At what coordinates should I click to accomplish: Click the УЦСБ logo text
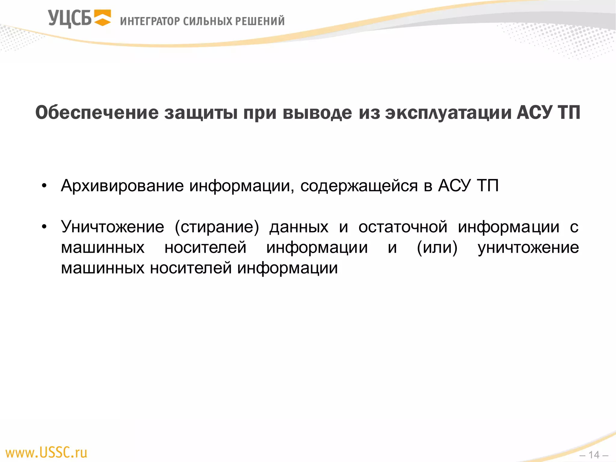tap(69, 19)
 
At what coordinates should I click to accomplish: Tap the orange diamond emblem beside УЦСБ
tap(103, 18)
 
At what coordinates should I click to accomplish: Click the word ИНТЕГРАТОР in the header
tap(150, 21)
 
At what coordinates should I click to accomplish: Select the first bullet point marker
tap(44, 186)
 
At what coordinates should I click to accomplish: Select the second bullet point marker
tap(44, 226)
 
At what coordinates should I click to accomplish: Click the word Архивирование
tap(122, 186)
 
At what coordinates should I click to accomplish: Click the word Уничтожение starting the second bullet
tap(112, 226)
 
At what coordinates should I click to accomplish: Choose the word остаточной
tap(403, 226)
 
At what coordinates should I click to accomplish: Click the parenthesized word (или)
tap(437, 248)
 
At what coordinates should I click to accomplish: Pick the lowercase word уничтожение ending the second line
tap(528, 248)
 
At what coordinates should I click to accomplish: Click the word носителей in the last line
tap(191, 268)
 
